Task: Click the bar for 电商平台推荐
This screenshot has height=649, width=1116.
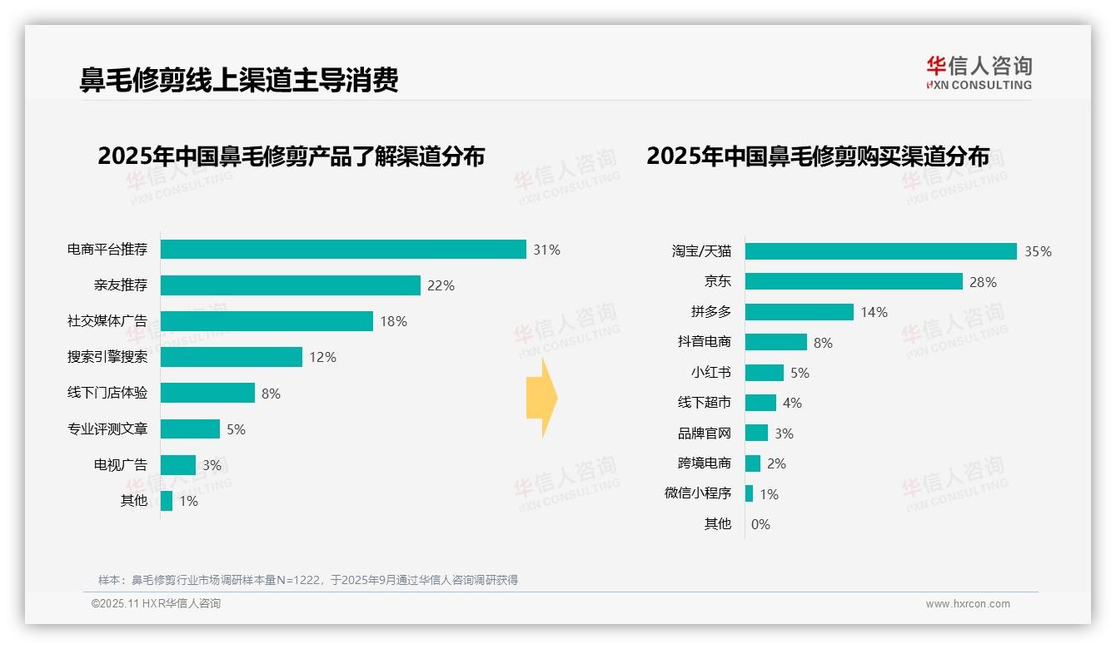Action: point(343,250)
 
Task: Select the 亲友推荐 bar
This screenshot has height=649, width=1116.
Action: point(290,285)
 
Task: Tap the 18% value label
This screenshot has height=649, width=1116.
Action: point(394,321)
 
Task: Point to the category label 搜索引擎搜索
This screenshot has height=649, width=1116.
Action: point(107,357)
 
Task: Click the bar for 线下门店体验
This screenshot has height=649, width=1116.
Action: point(207,393)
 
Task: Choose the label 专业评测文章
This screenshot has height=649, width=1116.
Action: point(107,429)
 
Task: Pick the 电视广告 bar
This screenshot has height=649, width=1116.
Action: point(178,464)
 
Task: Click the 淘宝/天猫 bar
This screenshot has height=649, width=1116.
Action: point(880,251)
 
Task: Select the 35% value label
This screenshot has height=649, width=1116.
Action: point(1038,251)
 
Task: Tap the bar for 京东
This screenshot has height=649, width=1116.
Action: point(854,281)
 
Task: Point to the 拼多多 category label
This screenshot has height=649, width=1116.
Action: point(710,312)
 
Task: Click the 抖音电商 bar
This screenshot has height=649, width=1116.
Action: point(775,342)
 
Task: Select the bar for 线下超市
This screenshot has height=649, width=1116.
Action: point(760,403)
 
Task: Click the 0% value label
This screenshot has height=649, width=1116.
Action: point(760,524)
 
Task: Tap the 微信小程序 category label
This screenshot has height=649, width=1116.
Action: point(698,493)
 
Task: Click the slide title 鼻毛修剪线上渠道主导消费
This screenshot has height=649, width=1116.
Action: point(239,79)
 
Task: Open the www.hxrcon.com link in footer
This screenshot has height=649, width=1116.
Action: point(968,604)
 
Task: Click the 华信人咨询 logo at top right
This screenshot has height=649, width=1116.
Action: point(979,72)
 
